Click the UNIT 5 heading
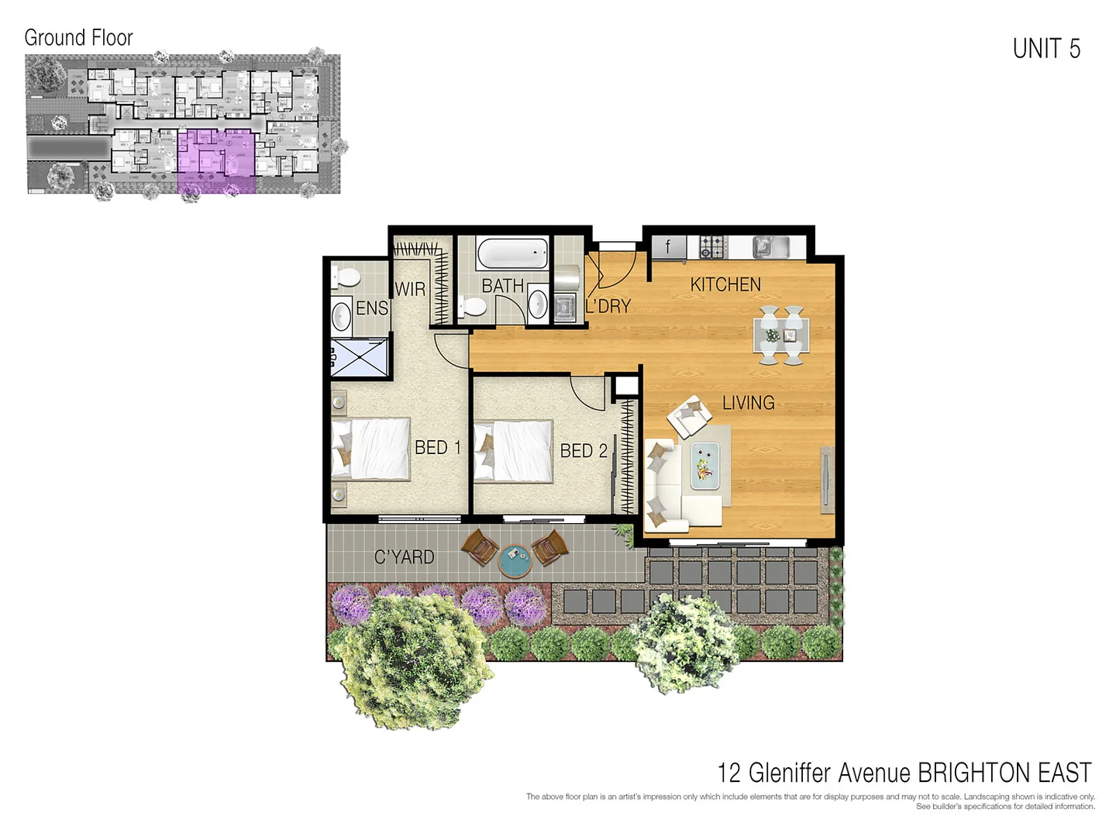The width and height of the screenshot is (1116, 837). (1045, 49)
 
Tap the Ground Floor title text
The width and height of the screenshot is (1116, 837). (78, 37)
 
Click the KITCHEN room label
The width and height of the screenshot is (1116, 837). (725, 284)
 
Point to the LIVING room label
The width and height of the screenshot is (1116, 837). (748, 403)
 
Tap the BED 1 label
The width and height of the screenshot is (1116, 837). (437, 448)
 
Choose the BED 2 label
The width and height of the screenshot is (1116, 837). (584, 451)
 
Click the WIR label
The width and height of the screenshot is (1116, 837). (410, 289)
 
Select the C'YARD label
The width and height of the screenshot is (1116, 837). (404, 557)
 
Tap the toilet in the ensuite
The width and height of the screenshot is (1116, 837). (345, 277)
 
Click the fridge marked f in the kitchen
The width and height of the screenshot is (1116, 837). (667, 247)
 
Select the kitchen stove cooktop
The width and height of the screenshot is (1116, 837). (713, 247)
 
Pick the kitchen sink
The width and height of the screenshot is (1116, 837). (770, 247)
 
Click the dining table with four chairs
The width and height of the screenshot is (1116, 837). (781, 336)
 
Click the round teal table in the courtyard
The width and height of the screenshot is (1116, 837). (515, 560)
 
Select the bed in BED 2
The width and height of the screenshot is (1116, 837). (513, 451)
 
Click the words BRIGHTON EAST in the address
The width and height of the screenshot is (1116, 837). (1004, 773)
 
